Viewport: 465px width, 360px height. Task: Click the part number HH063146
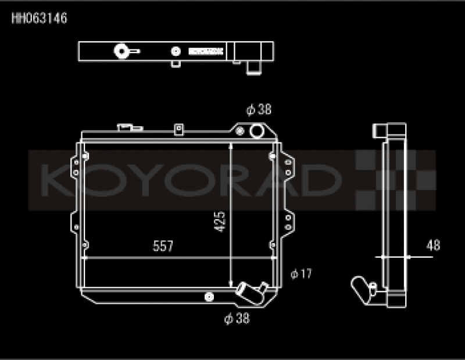click(40, 19)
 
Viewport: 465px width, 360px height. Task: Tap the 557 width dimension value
click(163, 246)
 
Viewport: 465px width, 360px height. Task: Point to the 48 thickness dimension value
click(432, 245)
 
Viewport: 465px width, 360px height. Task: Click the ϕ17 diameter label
click(301, 273)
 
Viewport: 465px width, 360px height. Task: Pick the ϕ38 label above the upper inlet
click(259, 109)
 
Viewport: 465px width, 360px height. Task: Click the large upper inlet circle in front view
click(257, 131)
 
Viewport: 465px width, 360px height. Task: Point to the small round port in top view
click(174, 51)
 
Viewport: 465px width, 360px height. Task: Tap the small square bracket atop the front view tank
click(179, 128)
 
